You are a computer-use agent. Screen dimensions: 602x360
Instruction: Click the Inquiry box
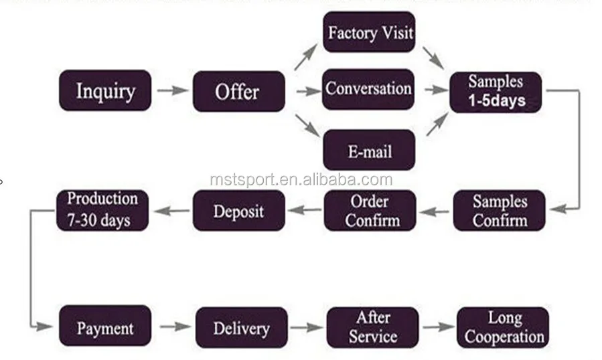105,90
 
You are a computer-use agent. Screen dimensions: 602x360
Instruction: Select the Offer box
239,92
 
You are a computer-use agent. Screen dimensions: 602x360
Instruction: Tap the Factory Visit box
369,32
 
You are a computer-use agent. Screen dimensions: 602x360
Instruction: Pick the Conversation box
368,89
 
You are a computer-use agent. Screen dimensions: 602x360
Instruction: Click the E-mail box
369,150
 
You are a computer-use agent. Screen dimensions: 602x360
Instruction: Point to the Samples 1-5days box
496,92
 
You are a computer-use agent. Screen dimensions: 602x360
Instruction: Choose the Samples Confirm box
499,210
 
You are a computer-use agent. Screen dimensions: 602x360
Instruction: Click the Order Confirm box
370,210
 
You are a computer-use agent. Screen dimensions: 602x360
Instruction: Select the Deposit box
239,210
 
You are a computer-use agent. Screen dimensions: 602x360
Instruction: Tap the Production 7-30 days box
102,210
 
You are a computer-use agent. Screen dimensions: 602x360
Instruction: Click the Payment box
105,326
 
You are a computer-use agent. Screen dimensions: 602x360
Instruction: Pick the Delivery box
242,327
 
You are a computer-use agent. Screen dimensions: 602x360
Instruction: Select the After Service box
373,327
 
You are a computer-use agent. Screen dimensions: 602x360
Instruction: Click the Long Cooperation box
503,327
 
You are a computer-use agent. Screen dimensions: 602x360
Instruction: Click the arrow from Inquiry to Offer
173,90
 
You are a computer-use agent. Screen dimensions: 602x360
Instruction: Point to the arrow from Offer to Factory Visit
306,57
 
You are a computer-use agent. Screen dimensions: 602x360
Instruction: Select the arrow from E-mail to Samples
437,124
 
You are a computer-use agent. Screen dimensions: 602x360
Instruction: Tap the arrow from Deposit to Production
171,210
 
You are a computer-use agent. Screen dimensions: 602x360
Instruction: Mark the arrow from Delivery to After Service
307,327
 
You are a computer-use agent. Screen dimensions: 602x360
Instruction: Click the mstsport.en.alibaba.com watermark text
301,179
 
